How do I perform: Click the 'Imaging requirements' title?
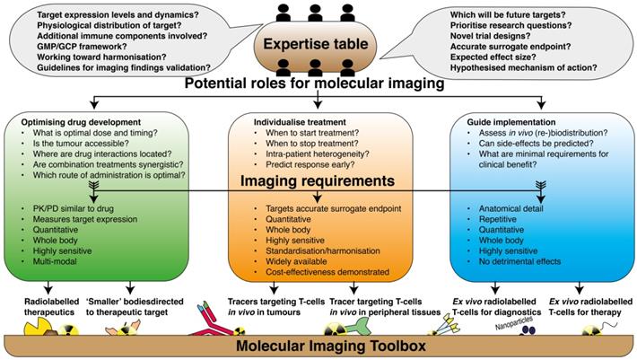pyautogui.click(x=318, y=183)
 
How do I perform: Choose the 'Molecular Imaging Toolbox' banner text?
pyautogui.click(x=318, y=347)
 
